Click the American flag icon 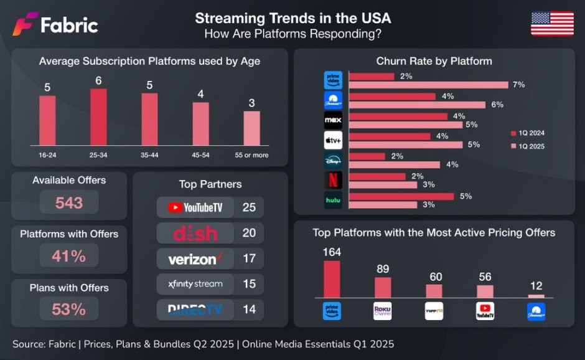click(x=552, y=24)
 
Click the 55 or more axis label click(x=251, y=155)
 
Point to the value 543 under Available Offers click(x=68, y=202)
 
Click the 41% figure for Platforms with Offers click(x=68, y=255)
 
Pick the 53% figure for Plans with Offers click(x=68, y=309)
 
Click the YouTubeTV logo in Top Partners click(x=195, y=207)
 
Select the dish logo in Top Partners click(x=195, y=234)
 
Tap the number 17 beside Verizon click(x=249, y=258)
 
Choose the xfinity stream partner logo click(x=195, y=284)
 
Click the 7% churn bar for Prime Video click(x=429, y=85)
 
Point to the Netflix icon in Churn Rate click(x=333, y=180)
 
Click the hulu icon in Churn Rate click(x=333, y=200)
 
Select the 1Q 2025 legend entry click(x=527, y=146)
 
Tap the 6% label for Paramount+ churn click(x=497, y=105)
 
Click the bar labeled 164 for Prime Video click(x=332, y=279)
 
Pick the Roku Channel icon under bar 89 click(x=382, y=311)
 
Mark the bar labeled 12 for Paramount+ click(x=536, y=296)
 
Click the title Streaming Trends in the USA click(x=293, y=17)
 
